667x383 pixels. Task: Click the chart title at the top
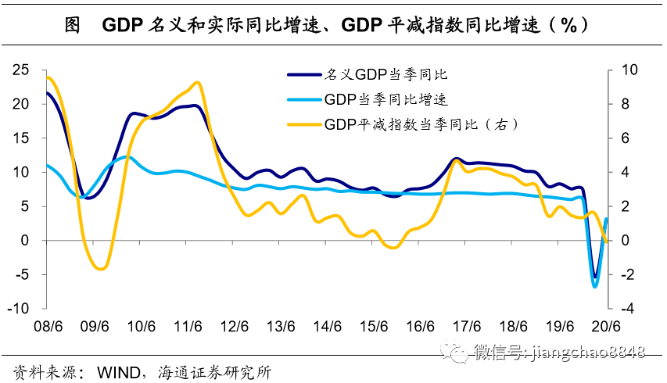point(333,25)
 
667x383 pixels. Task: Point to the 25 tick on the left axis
point(21,70)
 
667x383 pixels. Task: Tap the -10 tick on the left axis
point(18,309)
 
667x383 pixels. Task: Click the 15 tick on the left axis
point(21,138)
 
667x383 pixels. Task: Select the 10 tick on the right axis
point(629,70)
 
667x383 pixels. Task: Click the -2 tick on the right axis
point(629,274)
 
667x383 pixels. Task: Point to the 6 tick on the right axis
point(626,138)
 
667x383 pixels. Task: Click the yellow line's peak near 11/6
point(196,82)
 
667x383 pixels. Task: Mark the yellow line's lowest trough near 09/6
point(99,269)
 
